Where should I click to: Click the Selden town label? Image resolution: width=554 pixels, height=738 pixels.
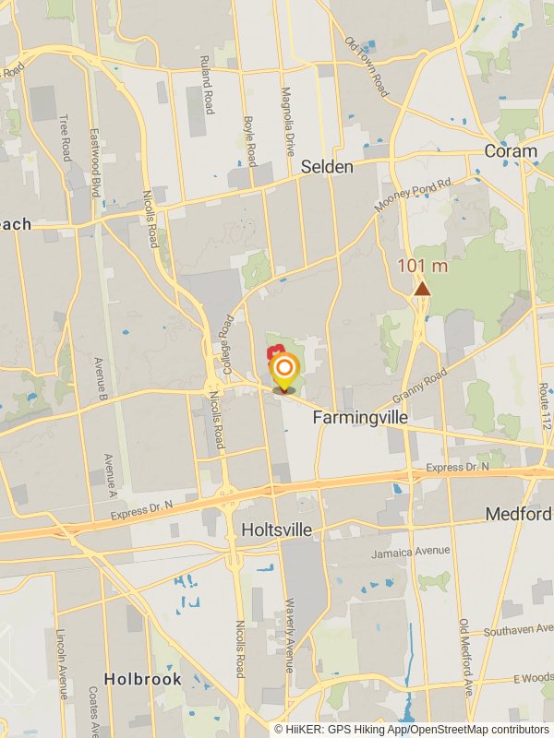[327, 167]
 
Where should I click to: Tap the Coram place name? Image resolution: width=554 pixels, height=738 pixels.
[510, 151]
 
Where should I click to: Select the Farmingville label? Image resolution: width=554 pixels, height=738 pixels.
[360, 418]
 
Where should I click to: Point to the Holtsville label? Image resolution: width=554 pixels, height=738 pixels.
[276, 530]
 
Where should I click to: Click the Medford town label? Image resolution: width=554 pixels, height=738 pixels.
[519, 514]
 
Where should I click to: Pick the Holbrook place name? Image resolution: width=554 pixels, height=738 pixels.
[142, 678]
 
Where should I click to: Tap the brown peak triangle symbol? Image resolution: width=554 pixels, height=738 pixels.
[422, 290]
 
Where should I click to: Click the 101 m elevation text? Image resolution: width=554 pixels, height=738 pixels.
[422, 267]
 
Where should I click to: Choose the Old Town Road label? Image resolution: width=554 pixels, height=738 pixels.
[367, 66]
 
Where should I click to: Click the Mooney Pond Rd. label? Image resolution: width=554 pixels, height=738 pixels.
[415, 196]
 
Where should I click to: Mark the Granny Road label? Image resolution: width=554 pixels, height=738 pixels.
[420, 386]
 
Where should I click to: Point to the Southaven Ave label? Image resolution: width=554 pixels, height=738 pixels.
[515, 632]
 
